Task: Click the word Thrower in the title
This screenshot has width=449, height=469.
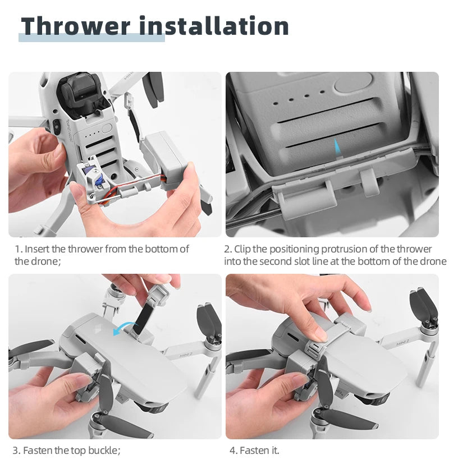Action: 76,26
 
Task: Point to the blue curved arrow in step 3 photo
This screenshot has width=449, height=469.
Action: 124,327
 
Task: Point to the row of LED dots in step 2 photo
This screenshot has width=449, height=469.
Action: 306,96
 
